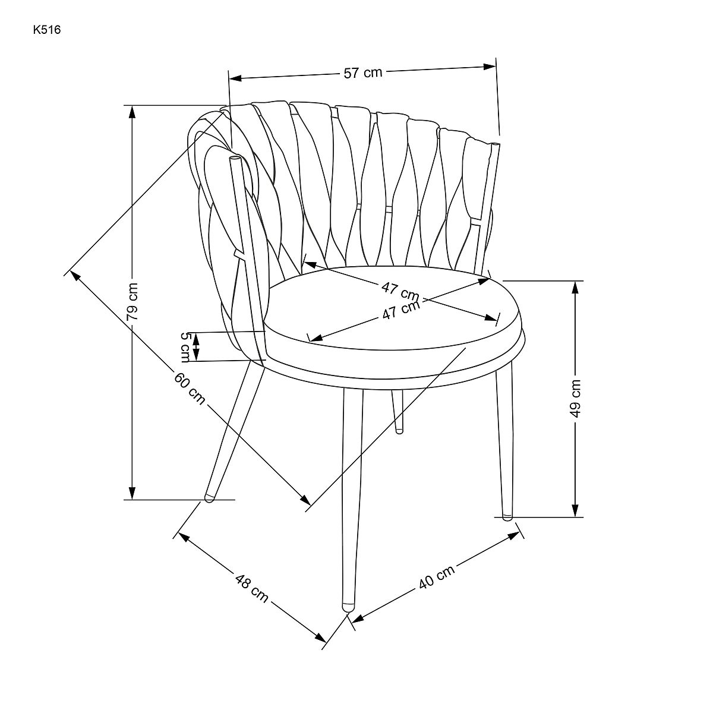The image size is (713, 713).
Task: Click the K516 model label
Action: coord(46,30)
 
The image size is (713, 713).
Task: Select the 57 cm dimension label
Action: coord(362,72)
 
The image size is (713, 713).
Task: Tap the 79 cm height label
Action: coord(132,302)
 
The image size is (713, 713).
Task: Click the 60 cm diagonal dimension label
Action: coord(190,389)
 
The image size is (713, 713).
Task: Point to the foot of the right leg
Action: coord(507,517)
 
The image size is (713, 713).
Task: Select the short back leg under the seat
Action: coord(398,411)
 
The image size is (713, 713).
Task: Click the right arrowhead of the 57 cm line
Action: coord(489,67)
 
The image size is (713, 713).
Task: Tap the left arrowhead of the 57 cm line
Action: coord(235,78)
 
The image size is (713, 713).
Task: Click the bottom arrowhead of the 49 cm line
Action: coord(575,510)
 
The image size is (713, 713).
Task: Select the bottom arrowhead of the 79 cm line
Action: coord(132,493)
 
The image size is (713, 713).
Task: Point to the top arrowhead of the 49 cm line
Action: coord(575,288)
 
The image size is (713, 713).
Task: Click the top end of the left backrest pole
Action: coord(235,158)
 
